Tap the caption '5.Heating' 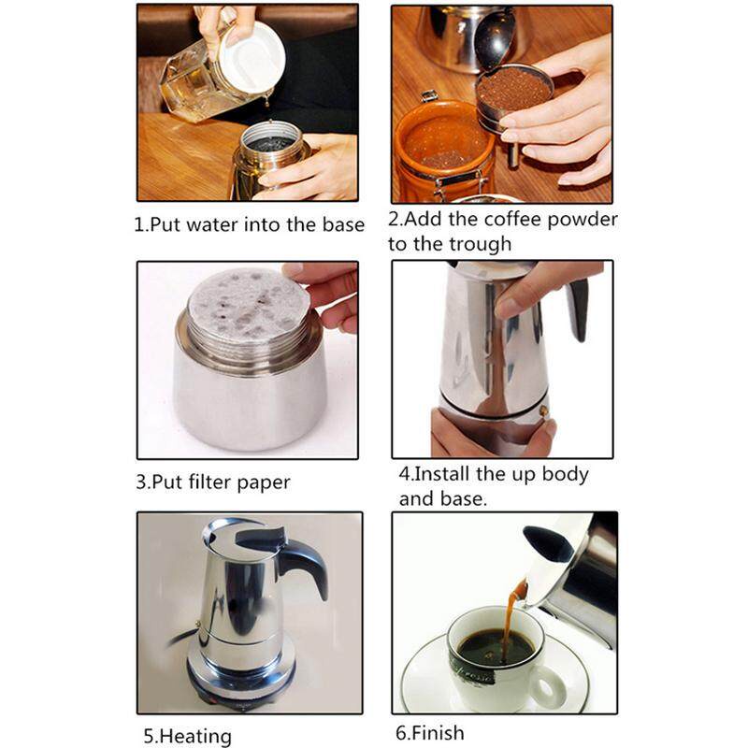click(187, 737)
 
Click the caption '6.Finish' click(427, 733)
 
